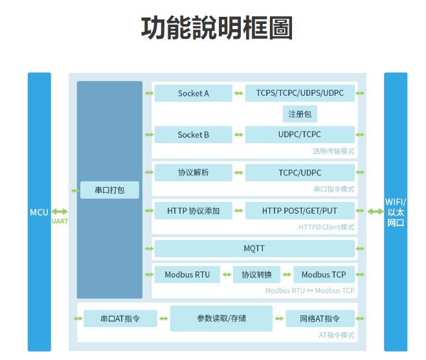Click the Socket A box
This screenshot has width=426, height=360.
tap(193, 93)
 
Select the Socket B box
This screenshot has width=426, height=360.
tap(193, 135)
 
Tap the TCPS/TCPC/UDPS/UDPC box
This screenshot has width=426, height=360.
tap(300, 93)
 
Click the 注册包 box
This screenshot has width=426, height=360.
tap(300, 114)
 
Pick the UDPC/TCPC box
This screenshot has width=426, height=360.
tap(300, 135)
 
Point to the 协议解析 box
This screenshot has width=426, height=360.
tap(193, 172)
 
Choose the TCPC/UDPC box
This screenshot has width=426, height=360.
tap(300, 172)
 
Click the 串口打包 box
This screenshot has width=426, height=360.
tap(109, 190)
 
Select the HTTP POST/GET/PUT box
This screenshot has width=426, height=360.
tap(300, 210)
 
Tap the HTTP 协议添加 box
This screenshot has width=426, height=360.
tap(193, 210)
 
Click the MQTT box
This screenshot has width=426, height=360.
tap(254, 249)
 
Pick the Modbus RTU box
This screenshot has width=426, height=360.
tap(187, 275)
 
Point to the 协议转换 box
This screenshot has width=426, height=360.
tap(256, 275)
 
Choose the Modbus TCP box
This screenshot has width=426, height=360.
tap(324, 275)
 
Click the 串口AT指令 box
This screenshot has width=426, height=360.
tap(120, 319)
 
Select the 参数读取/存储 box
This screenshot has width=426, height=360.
tap(221, 319)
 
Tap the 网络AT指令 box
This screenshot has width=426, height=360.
tap(320, 319)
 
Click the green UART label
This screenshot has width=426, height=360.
tap(60, 221)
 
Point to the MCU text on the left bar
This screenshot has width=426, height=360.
tap(39, 212)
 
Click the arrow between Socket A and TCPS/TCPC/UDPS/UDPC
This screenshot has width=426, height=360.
tap(238, 93)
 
